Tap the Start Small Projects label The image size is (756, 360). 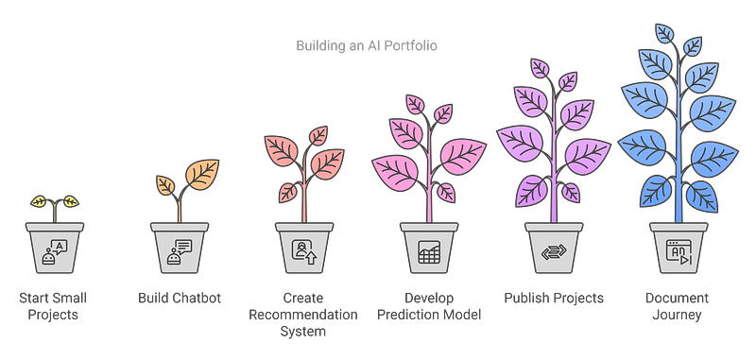(x=54, y=306)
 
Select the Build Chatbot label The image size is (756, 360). (x=179, y=299)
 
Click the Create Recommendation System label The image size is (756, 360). (x=303, y=314)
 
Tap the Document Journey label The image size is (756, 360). (x=678, y=306)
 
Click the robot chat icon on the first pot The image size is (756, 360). (x=54, y=250)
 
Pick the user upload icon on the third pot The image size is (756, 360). (x=303, y=251)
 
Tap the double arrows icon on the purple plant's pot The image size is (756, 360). (x=553, y=252)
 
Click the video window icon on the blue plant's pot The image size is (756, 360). (x=678, y=251)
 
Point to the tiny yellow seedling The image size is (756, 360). (x=54, y=201)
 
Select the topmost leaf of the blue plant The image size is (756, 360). (x=665, y=32)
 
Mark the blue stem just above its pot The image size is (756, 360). (x=678, y=210)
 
